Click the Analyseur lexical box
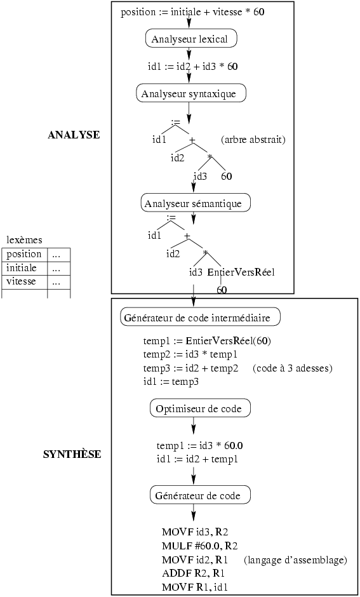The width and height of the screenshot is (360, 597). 191,39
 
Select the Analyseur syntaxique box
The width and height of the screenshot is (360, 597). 191,93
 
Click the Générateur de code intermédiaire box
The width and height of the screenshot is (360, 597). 201,317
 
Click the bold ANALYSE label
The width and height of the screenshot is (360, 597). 74,135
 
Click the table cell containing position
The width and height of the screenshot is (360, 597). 25,255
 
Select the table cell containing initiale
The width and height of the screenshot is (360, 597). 25,269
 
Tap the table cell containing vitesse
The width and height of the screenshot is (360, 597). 25,282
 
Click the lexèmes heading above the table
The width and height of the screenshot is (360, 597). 24,240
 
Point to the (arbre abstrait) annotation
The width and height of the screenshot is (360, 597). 253,140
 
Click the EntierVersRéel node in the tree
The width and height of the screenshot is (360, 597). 241,272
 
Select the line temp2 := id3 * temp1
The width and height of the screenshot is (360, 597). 190,354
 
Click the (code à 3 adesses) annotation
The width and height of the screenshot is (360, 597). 292,368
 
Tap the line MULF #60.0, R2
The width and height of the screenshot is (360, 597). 200,546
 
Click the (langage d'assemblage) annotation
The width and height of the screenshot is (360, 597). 295,560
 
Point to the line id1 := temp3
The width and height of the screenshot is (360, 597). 171,382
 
